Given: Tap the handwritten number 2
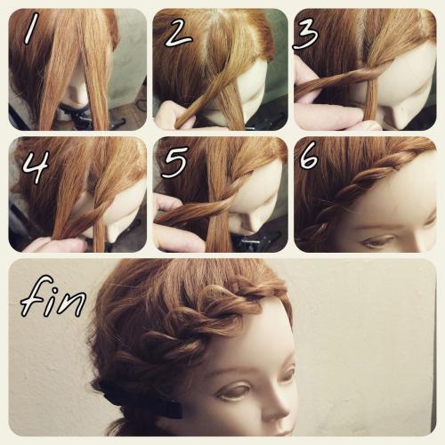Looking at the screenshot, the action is point(178,34).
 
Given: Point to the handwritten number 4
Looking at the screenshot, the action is point(36,167).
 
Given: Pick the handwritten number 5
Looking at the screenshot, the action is point(175,163).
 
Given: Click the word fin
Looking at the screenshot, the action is point(53,296).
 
